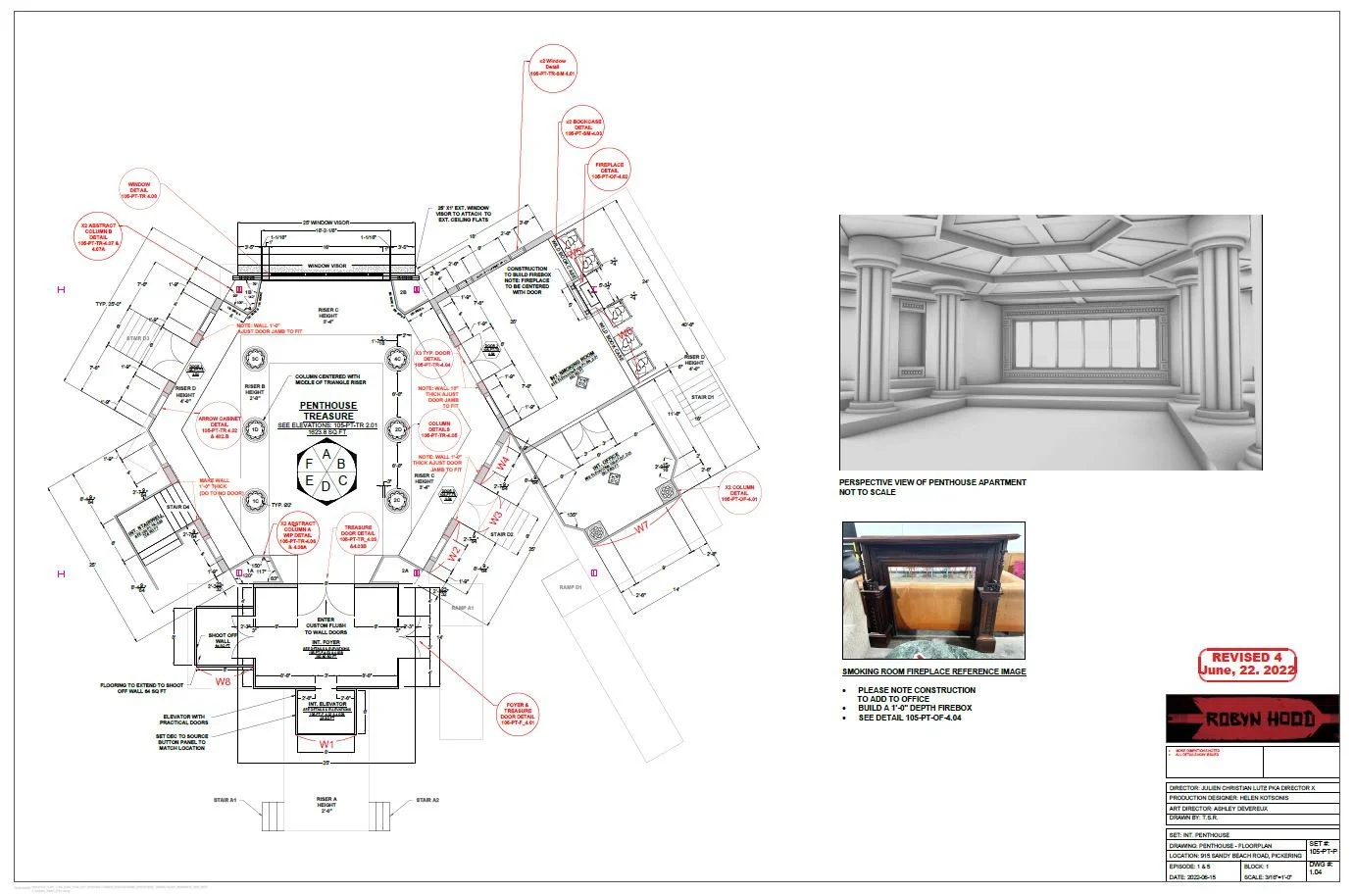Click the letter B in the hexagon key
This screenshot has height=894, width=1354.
coord(341,464)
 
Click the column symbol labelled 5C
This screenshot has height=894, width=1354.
coord(255,359)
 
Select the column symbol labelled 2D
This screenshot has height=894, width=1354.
coord(398,429)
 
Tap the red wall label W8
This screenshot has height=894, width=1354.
coord(224,681)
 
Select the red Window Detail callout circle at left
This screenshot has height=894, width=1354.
coord(139,190)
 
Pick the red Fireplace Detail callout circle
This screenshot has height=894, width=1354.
coord(609,171)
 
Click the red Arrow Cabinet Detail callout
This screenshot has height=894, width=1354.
coord(220,427)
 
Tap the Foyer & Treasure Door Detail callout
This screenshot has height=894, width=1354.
coord(518,714)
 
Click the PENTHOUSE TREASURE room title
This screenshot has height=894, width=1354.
coord(328,411)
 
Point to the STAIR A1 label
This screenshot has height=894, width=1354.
coord(226,800)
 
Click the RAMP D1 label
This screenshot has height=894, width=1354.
coord(571,587)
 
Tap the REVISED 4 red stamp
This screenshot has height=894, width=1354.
coord(1247,664)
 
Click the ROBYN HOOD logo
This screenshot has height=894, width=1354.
coord(1252,719)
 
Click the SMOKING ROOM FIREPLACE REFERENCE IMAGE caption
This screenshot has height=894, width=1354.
coord(933,671)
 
